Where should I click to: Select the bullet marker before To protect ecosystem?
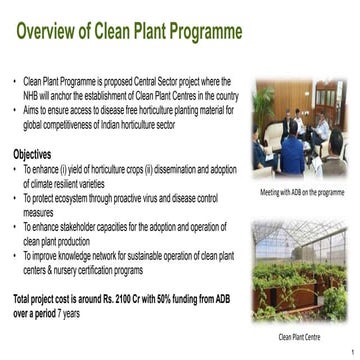15,199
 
